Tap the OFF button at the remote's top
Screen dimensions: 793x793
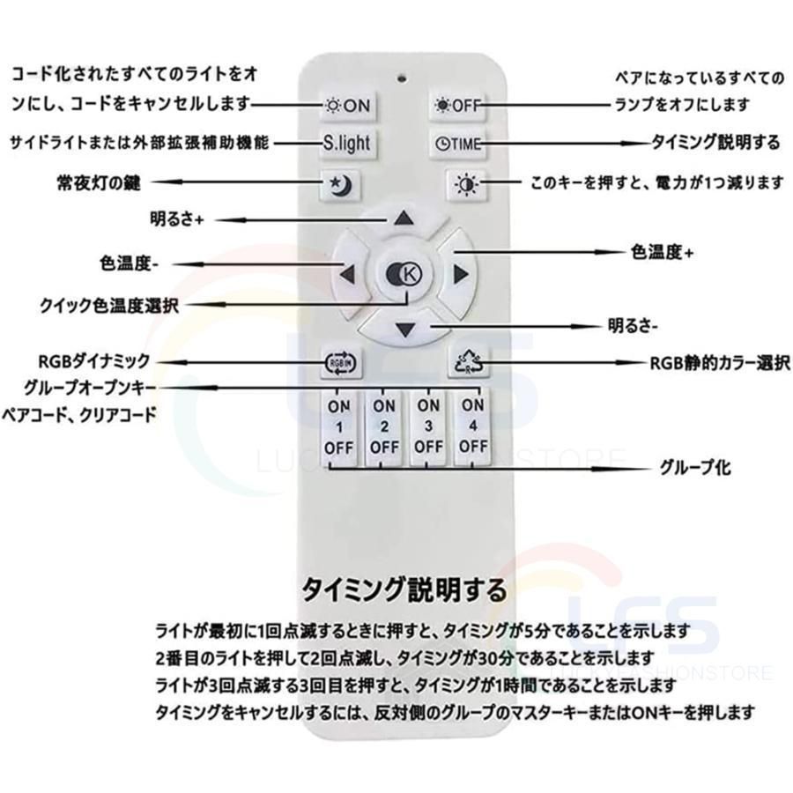[457, 105]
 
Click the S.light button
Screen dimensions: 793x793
[347, 143]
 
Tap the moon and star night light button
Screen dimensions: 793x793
[341, 185]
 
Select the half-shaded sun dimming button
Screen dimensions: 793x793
[466, 185]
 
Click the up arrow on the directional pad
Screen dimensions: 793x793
[404, 219]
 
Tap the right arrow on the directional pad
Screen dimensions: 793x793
[459, 275]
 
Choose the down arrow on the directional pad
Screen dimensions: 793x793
[404, 330]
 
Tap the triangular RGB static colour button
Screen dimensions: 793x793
[469, 362]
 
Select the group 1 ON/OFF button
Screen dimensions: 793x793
[339, 427]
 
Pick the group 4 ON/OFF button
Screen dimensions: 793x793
[473, 426]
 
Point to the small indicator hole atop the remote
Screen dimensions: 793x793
[403, 78]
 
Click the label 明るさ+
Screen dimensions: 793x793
[177, 219]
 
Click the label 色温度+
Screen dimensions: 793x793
[662, 251]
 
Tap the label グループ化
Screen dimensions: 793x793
[695, 467]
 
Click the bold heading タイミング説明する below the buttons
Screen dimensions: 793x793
[404, 589]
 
